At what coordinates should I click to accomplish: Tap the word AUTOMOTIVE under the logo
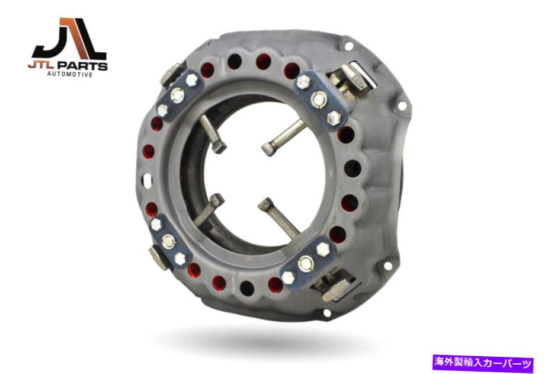[70, 74]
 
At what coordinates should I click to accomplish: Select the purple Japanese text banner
[483, 363]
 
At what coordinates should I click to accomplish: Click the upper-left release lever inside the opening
[212, 134]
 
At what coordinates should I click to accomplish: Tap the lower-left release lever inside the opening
[208, 209]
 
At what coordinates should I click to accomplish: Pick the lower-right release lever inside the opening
[279, 217]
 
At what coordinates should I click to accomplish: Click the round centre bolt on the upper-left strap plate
[178, 95]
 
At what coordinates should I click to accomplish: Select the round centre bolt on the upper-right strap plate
[319, 99]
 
